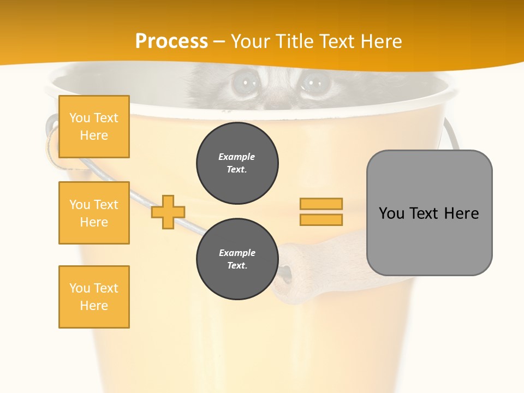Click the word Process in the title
[x=171, y=41]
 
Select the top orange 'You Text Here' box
[x=94, y=127]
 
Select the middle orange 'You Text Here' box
[x=94, y=213]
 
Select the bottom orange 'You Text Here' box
[x=94, y=296]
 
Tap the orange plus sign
[x=168, y=212]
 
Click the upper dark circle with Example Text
[x=237, y=163]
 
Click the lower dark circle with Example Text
[x=237, y=259]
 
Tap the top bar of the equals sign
[x=321, y=204]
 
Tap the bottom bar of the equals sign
[x=321, y=220]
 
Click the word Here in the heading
[x=380, y=41]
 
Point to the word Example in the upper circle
[x=237, y=157]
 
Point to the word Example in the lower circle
[x=237, y=253]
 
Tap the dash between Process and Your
[x=219, y=42]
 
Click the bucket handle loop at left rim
[x=52, y=131]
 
